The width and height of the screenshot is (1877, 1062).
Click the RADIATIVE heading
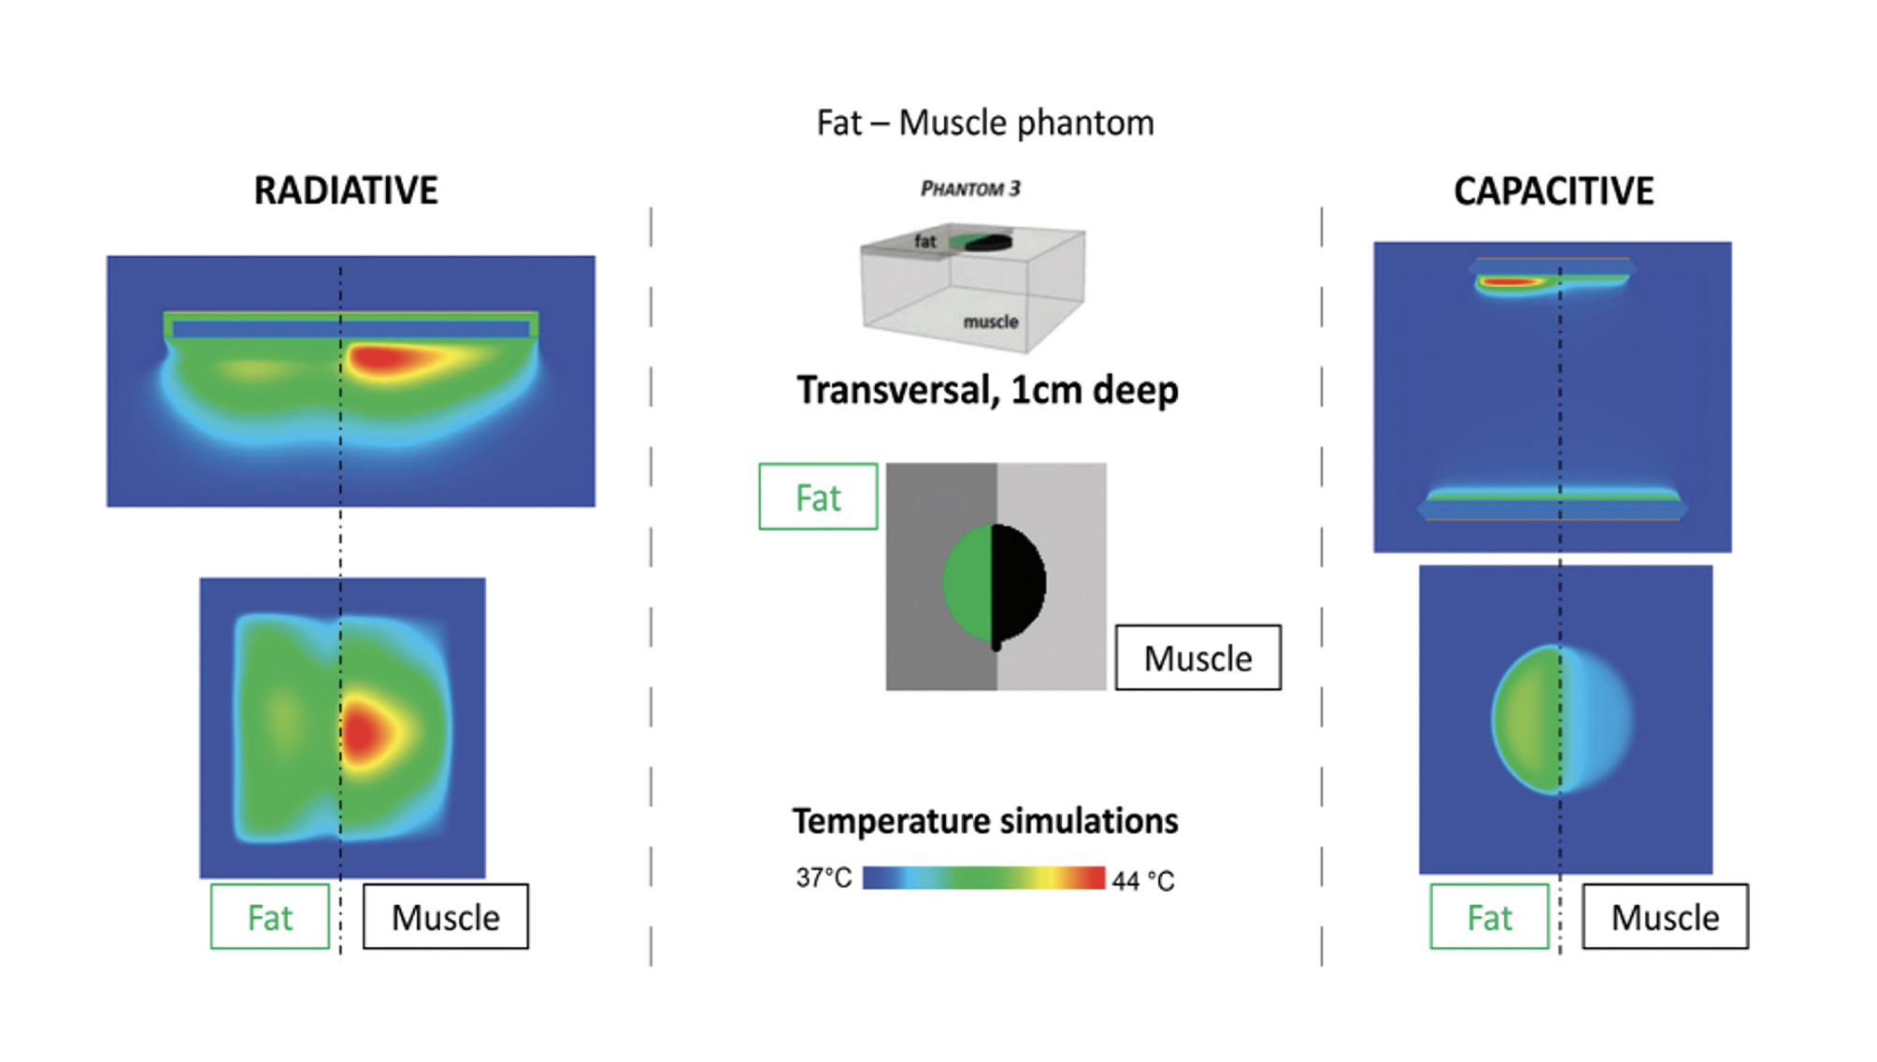coord(346,191)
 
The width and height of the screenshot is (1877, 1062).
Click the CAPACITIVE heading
coord(1553,192)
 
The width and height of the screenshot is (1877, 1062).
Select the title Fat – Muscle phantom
coord(985,123)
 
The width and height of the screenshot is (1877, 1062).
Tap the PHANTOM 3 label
coord(970,189)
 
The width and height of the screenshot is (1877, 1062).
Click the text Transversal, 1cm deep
coord(987,390)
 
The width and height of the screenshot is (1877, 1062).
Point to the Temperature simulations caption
coord(985,821)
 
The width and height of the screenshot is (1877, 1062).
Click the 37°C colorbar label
coord(824,878)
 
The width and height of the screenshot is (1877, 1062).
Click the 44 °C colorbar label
coord(1142,881)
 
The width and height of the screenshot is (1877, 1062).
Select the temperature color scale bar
coord(983,878)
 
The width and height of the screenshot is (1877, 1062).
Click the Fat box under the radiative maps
coord(270,917)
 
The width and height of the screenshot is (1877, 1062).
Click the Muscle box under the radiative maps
coord(445,917)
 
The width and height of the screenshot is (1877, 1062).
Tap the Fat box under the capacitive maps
coord(1489,917)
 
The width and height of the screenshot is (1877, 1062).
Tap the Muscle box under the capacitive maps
coord(1665,917)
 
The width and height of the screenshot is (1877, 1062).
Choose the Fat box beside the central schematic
coord(818,497)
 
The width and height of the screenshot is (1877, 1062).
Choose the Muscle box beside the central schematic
coord(1197,658)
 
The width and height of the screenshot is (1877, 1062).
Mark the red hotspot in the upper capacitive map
coord(1507,280)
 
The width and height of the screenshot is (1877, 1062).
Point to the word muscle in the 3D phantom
coord(990,322)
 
